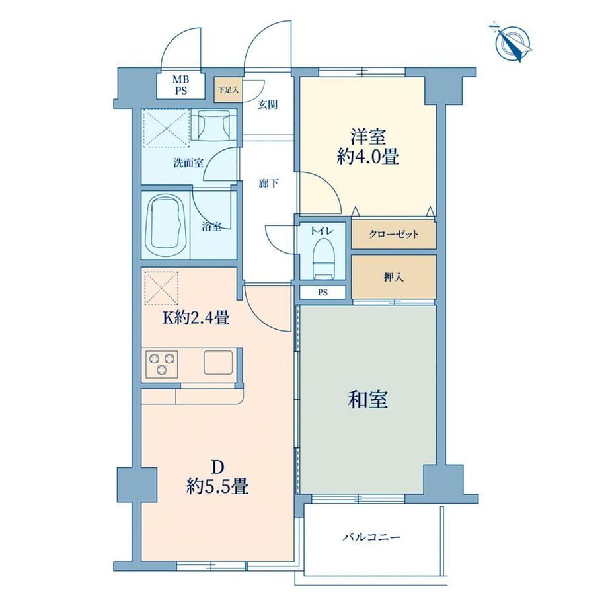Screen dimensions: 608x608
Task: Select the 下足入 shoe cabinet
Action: (228, 91)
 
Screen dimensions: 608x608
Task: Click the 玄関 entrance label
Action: (268, 104)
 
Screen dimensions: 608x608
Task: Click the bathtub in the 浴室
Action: (166, 225)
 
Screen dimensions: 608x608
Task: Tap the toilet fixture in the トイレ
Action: (323, 258)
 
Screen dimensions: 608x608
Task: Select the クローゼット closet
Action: (394, 235)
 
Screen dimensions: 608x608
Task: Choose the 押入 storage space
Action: (394, 277)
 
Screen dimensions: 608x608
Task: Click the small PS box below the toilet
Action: (323, 293)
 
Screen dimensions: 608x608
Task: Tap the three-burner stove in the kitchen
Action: (162, 363)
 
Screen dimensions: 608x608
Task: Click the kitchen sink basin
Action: (219, 363)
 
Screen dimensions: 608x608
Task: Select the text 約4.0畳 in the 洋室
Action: (368, 157)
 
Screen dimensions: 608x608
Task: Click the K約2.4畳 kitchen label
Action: (196, 319)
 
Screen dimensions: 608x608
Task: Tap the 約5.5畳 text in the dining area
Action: (217, 486)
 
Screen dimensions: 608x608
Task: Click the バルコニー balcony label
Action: (371, 537)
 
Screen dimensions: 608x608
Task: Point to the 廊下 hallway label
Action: (268, 184)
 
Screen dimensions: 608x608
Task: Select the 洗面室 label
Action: (188, 163)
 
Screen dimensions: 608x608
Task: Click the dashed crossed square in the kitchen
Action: (162, 288)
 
